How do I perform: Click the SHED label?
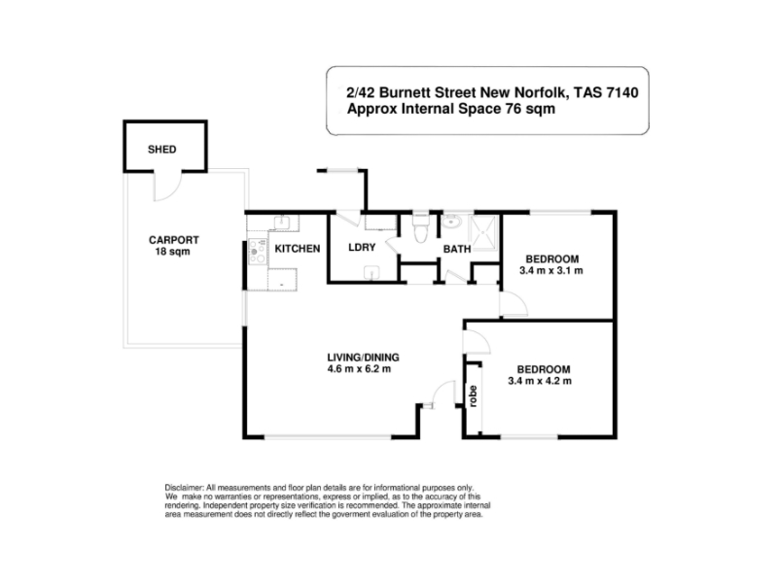tap(161, 150)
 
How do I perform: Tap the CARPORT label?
tap(174, 240)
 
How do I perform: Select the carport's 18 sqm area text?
tap(173, 252)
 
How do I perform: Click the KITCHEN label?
tap(298, 249)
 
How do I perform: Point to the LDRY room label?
tap(362, 248)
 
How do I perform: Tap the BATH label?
tap(457, 249)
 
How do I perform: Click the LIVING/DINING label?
tap(363, 358)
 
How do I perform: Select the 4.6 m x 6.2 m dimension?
tap(359, 369)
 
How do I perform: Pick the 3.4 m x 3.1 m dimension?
tap(551, 271)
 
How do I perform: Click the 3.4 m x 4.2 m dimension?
tap(540, 381)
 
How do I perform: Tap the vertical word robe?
tap(473, 396)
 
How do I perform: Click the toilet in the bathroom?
tap(421, 228)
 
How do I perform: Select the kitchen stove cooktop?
tap(257, 252)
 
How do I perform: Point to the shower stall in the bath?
tap(483, 232)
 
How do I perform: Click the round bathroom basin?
tap(451, 222)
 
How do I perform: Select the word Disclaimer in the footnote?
tap(184, 488)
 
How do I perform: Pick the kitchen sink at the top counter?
tap(283, 223)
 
